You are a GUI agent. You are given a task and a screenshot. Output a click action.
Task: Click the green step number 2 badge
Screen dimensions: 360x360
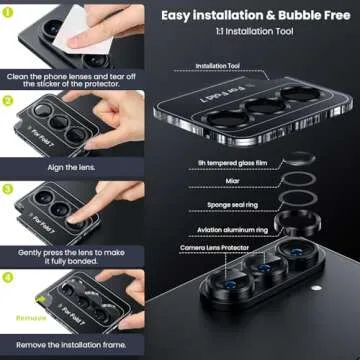[8, 100]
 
